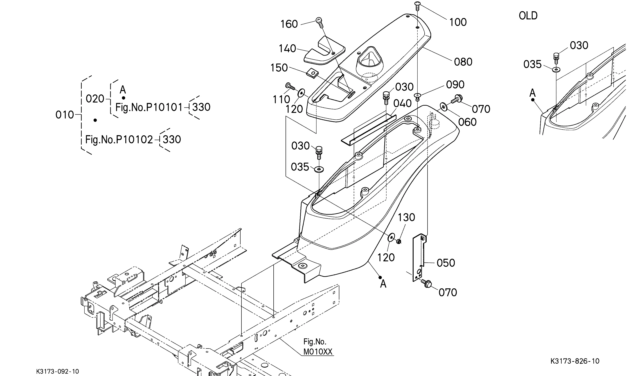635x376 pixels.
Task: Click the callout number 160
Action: pos(289,24)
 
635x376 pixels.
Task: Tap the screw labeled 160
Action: pos(319,22)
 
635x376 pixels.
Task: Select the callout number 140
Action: pos(287,48)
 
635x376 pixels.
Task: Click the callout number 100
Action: pos(458,22)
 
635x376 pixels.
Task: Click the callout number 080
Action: pos(463,62)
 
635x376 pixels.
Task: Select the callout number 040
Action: pos(402,103)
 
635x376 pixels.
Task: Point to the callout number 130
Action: pos(407,217)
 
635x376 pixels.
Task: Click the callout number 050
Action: pos(446,263)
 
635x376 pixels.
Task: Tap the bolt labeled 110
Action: pos(290,87)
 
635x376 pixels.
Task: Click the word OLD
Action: pos(528,16)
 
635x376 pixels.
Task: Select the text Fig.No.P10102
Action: pos(119,140)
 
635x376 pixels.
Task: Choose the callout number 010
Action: pos(65,115)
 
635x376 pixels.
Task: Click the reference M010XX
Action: pos(318,352)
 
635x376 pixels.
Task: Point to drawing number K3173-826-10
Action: pos(575,361)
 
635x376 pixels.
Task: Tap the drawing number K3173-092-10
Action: pos(58,372)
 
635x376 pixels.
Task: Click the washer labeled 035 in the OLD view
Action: pos(556,69)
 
